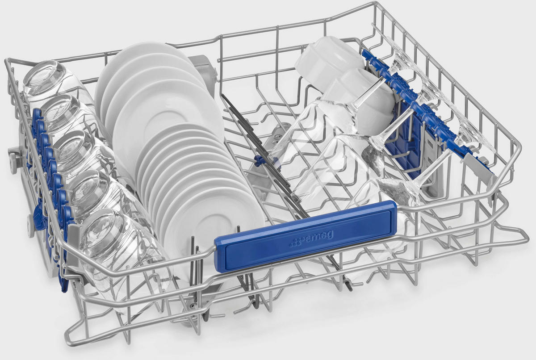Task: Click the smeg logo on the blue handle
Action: (x=311, y=239)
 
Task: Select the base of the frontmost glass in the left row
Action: (x=101, y=233)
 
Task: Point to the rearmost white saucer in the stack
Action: (x=143, y=65)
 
